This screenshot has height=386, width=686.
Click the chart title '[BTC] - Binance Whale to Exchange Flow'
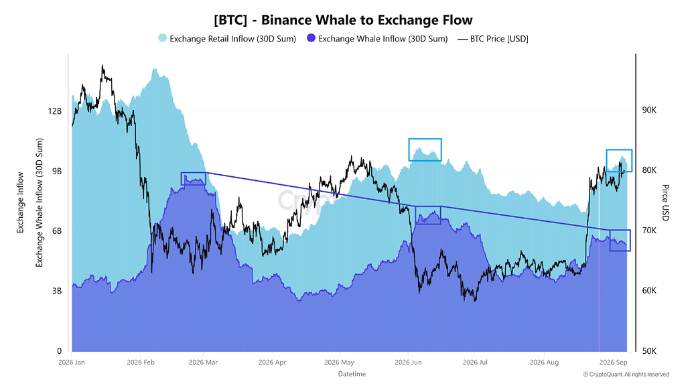coord(343,20)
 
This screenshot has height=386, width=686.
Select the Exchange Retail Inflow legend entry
coord(227,38)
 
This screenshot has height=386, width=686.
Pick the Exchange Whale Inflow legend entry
coord(377,38)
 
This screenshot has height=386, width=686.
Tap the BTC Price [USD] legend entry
coord(493,38)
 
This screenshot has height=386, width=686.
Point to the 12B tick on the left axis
coord(55,111)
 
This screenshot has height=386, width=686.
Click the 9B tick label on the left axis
coord(57,171)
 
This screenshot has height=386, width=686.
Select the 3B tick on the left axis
coord(57,291)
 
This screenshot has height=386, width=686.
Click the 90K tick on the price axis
coord(649,110)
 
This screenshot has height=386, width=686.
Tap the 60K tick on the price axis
coord(649,291)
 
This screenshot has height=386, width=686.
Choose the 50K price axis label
coord(649,351)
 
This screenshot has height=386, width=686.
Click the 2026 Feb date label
coord(141,363)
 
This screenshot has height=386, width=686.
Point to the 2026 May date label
coord(339,363)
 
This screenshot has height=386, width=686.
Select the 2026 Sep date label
coord(614,363)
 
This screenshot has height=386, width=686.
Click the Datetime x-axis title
coord(352,374)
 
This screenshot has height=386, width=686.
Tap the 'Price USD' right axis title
coord(665,202)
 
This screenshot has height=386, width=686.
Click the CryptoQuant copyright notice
coord(626,375)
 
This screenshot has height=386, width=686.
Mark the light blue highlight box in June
coord(425,149)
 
